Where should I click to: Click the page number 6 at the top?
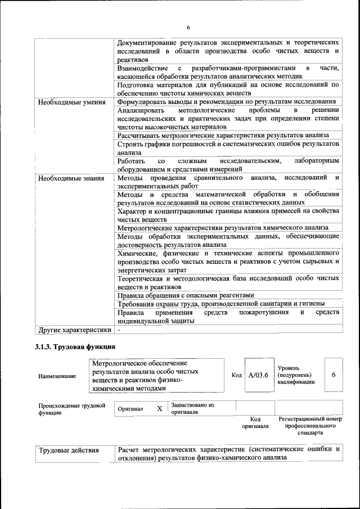pyautogui.click(x=189, y=28)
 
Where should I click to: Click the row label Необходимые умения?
pyautogui.click(x=71, y=102)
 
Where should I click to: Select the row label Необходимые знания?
pyautogui.click(x=71, y=178)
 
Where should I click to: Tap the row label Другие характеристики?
pyautogui.click(x=74, y=329)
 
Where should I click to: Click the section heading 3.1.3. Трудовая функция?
pyautogui.click(x=75, y=346)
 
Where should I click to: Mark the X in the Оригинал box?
pyautogui.click(x=160, y=409)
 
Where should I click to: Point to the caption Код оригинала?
pyautogui.click(x=255, y=422)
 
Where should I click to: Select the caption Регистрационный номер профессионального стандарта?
pyautogui.click(x=310, y=426)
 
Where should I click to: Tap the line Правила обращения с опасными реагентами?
pyautogui.click(x=186, y=295)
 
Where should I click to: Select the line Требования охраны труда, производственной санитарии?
pyautogui.click(x=221, y=304)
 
